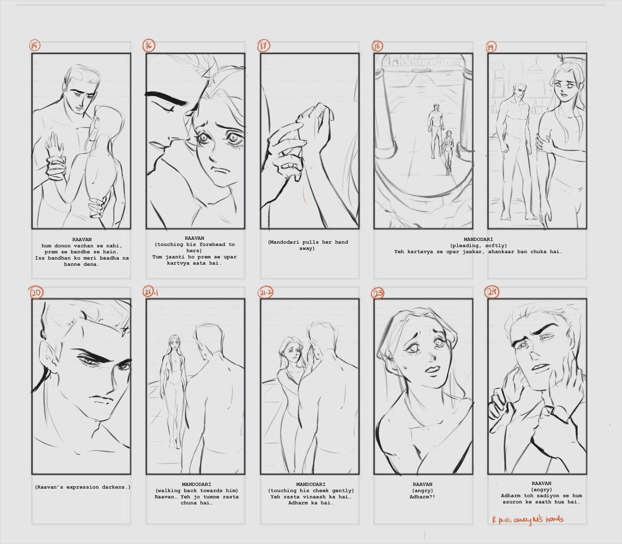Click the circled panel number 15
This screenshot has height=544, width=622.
[35, 45]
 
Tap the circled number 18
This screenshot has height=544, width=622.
[377, 46]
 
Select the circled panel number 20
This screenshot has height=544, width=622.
[36, 293]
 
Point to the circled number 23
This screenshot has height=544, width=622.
[378, 293]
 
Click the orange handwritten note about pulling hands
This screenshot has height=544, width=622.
[528, 520]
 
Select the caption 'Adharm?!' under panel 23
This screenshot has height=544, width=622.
[422, 497]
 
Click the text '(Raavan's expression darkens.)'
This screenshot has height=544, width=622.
[83, 487]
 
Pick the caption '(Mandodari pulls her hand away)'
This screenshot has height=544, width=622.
[308, 245]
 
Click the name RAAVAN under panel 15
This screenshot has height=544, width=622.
[82, 240]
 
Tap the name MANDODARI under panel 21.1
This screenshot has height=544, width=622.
[196, 484]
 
